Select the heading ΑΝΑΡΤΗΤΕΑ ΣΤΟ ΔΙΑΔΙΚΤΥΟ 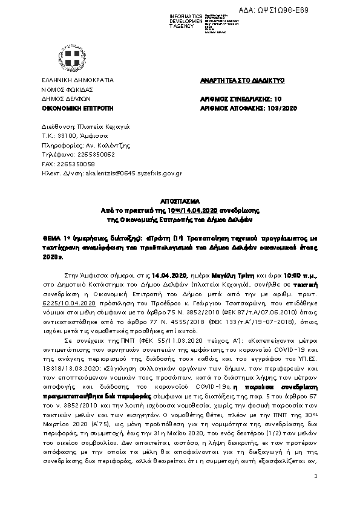[x=234, y=80]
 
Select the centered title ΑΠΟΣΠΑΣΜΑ [x=180, y=199]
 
